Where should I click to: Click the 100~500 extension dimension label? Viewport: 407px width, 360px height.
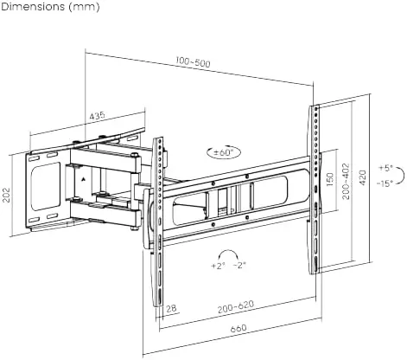pos(193,62)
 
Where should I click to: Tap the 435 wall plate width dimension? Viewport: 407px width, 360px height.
pos(97,116)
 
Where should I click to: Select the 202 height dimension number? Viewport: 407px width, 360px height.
pos(6,195)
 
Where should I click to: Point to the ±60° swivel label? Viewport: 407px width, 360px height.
pos(223,152)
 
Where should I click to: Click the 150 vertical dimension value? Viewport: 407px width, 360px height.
pos(330,179)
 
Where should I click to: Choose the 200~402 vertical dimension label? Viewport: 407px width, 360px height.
pos(346,181)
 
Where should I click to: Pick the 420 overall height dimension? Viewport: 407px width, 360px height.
pos(362,178)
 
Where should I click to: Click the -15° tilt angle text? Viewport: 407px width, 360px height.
pos(385,183)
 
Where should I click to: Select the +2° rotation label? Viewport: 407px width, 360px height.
pos(218,266)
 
